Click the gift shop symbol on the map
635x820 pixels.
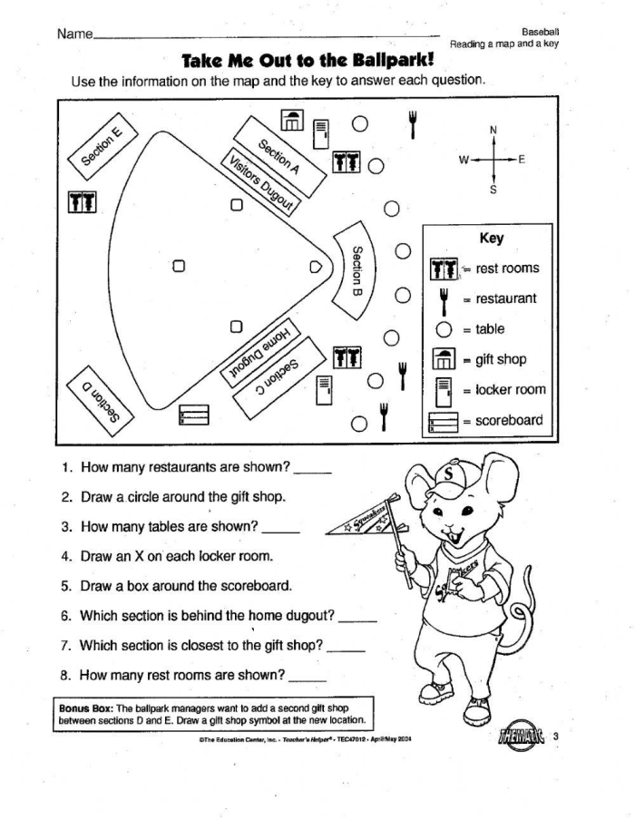(291, 122)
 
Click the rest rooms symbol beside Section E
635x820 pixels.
(82, 201)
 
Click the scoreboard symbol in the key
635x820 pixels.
(442, 421)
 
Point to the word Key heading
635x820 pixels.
(491, 239)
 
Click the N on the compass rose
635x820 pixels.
(493, 129)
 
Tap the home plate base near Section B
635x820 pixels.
(316, 267)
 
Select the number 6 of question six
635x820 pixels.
(66, 616)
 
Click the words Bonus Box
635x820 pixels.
(83, 707)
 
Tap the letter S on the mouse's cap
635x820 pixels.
(445, 473)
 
